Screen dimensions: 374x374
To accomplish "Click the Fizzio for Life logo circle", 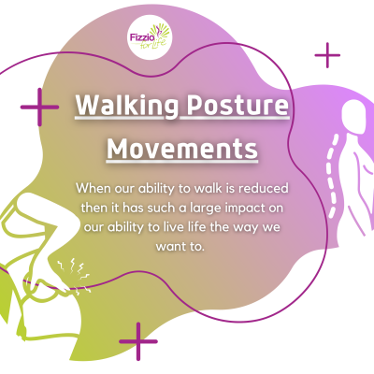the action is click(x=150, y=37).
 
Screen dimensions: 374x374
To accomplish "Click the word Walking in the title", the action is click(x=127, y=106).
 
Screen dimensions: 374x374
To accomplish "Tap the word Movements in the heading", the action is click(x=182, y=149).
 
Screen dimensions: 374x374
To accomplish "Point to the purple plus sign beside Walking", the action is click(x=39, y=107).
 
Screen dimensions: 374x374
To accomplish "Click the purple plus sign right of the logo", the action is click(x=327, y=55).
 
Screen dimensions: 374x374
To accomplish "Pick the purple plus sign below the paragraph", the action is click(x=138, y=341).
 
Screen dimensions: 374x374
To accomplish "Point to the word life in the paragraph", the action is click(x=196, y=227).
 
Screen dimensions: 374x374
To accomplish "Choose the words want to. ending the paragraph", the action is click(x=180, y=247).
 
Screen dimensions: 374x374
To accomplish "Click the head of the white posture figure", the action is click(x=354, y=117).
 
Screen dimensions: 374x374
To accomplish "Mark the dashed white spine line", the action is click(x=332, y=176).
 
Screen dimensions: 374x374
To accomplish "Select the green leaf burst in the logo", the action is click(x=160, y=32).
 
